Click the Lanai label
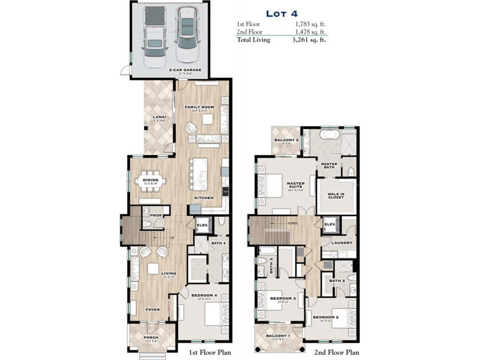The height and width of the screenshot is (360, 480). tap(159, 117)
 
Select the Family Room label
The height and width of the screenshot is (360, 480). tap(199, 107)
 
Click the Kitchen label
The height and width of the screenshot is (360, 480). tap(203, 198)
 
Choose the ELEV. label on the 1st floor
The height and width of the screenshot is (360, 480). tap(202, 225)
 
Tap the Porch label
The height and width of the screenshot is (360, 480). tap(150, 337)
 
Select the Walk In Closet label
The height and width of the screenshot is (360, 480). tap(335, 196)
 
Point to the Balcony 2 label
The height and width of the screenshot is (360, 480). tap(285, 140)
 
